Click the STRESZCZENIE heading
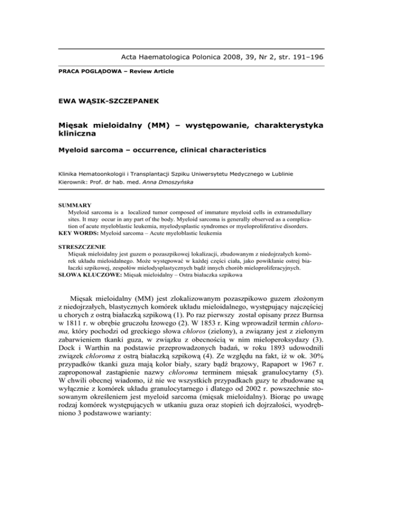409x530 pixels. [x=83, y=247]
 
